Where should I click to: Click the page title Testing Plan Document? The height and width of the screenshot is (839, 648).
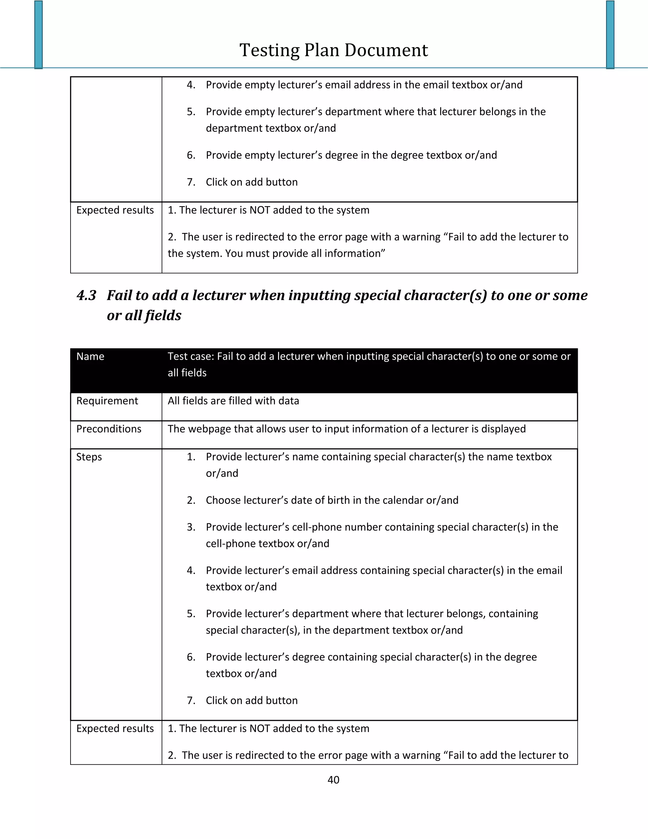pos(333,50)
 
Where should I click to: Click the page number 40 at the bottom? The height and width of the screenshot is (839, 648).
pos(333,779)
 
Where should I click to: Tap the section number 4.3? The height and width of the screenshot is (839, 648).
pos(86,295)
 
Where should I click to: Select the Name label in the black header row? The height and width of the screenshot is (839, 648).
pos(90,356)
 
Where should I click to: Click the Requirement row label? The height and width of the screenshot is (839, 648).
pos(107,401)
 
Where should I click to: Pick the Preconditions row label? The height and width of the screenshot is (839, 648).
pos(109,429)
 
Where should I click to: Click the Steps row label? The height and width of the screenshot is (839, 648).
pos(89,457)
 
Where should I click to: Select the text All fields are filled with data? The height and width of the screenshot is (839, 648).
pos(233,401)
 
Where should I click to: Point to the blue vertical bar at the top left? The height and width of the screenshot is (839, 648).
pos(38,35)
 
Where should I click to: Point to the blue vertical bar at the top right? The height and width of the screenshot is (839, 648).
pos(610,35)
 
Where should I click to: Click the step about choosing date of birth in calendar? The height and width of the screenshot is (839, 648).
pos(332,500)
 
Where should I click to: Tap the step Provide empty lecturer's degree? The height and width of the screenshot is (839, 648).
pos(351,155)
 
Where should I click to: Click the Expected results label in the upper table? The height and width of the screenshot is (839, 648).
pos(115,210)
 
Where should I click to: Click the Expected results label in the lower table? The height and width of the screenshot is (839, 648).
pos(115,729)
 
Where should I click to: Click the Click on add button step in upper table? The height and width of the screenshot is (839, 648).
pos(252,182)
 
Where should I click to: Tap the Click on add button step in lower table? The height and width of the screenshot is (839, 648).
pos(252,700)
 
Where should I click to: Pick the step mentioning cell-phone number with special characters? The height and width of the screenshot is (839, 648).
pos(382,527)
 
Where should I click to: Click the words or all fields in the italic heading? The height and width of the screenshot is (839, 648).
pos(144,315)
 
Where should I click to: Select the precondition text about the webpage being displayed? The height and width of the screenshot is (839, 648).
pos(346,429)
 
